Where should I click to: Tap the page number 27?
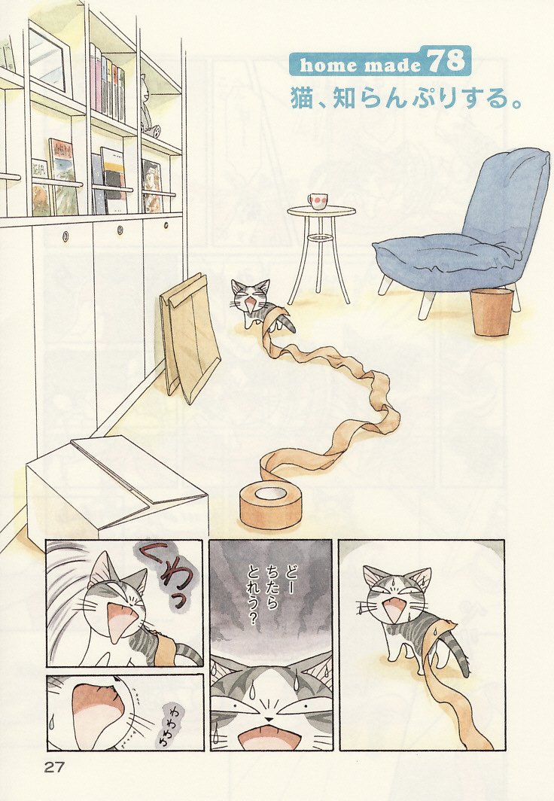54,767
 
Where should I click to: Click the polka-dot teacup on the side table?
317,201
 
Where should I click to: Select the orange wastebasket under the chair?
492,311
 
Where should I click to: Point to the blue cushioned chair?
464,230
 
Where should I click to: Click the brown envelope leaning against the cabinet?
190,338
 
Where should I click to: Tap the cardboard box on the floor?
117,490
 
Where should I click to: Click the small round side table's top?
321,211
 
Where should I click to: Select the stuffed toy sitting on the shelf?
148,106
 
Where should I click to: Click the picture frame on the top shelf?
49,58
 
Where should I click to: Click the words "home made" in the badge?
360,65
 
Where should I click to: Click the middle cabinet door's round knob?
120,230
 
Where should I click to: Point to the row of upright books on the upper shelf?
107,83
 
